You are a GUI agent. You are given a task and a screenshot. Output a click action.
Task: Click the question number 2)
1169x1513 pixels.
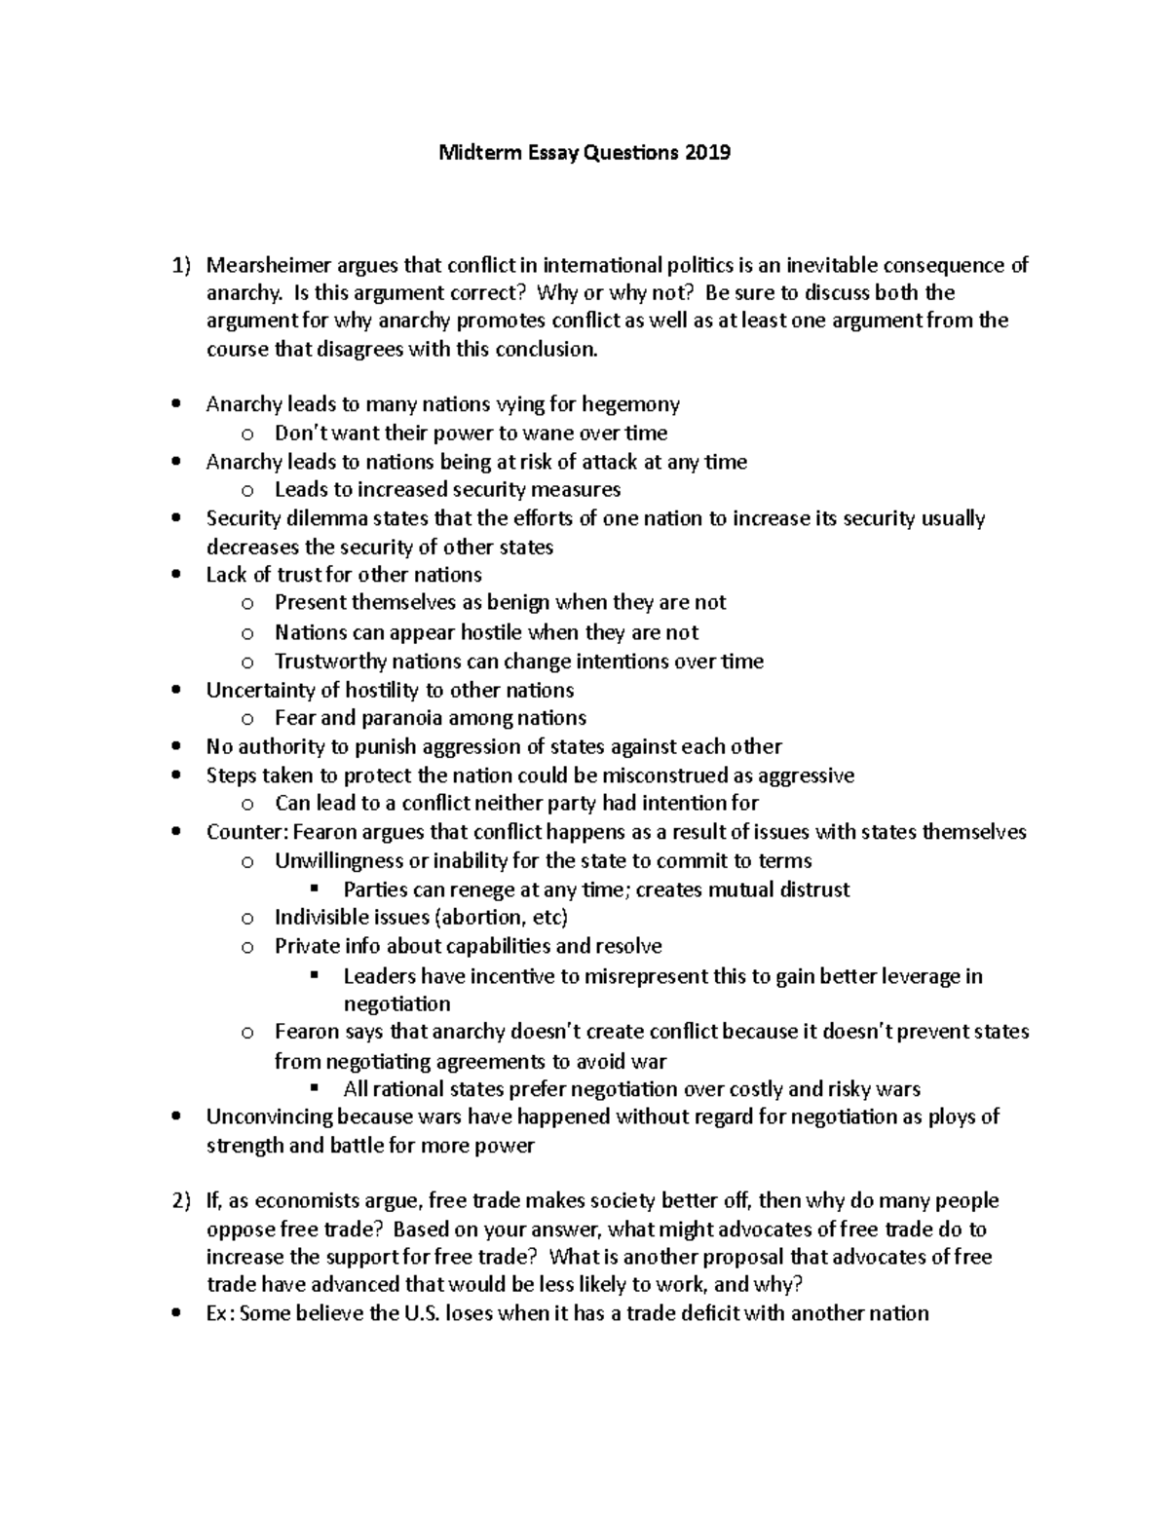181,1201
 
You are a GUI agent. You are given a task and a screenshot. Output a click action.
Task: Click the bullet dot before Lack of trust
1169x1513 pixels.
175,575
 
